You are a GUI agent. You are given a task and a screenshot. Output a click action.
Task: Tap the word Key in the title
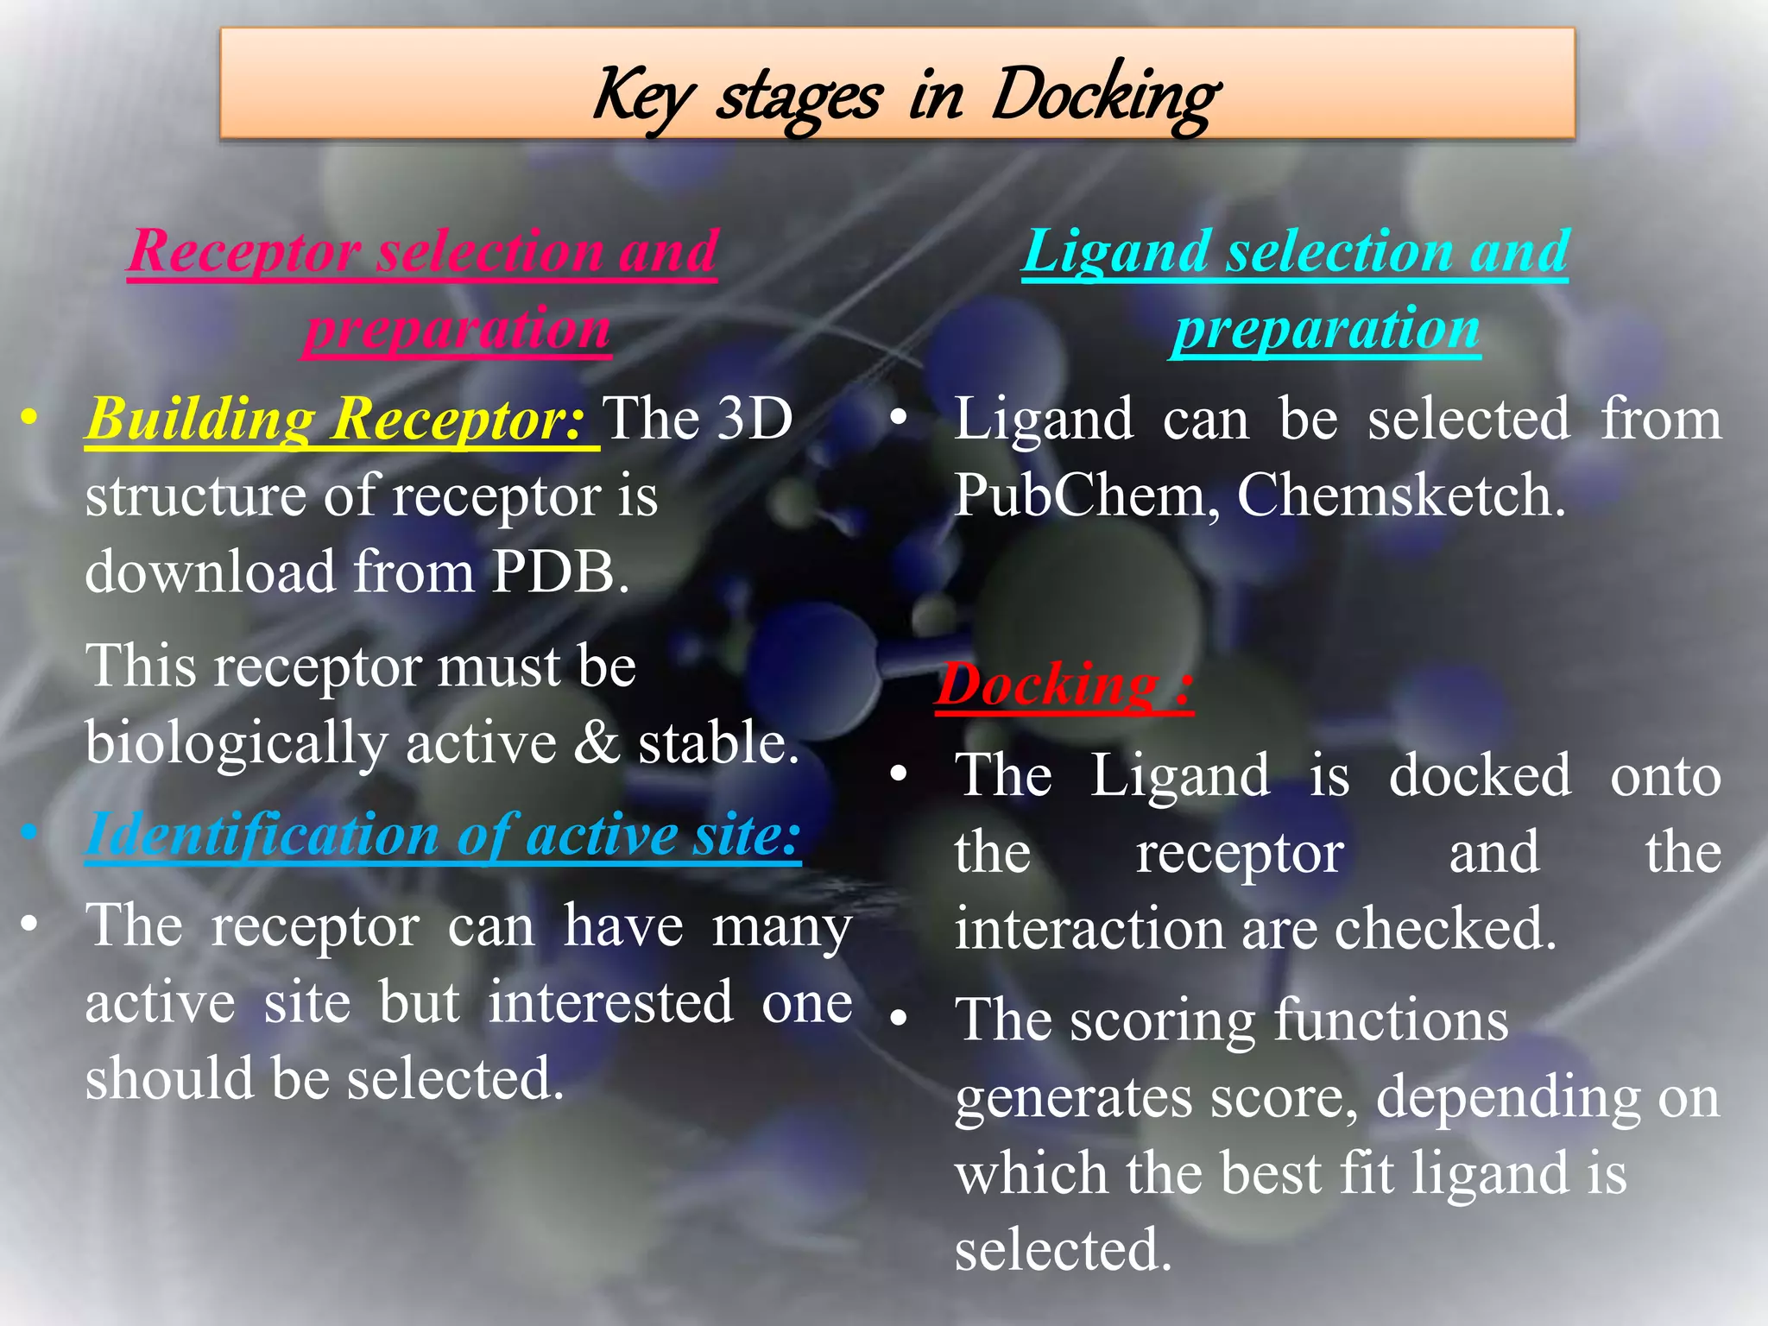[x=642, y=97]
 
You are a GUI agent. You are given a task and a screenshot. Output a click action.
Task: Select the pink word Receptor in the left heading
[x=244, y=251]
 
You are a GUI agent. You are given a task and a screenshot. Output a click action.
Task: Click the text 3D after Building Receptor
[x=755, y=419]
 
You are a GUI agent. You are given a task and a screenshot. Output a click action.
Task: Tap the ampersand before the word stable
[x=598, y=742]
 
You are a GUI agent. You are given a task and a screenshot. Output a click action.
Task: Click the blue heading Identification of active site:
[x=443, y=835]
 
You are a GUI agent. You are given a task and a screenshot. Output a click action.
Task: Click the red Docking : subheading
[x=1064, y=685]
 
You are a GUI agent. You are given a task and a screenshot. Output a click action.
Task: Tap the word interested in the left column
[x=610, y=1002]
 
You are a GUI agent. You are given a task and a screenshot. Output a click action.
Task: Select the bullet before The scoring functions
[x=899, y=1018]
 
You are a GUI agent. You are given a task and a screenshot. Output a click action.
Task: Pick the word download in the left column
[x=211, y=571]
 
